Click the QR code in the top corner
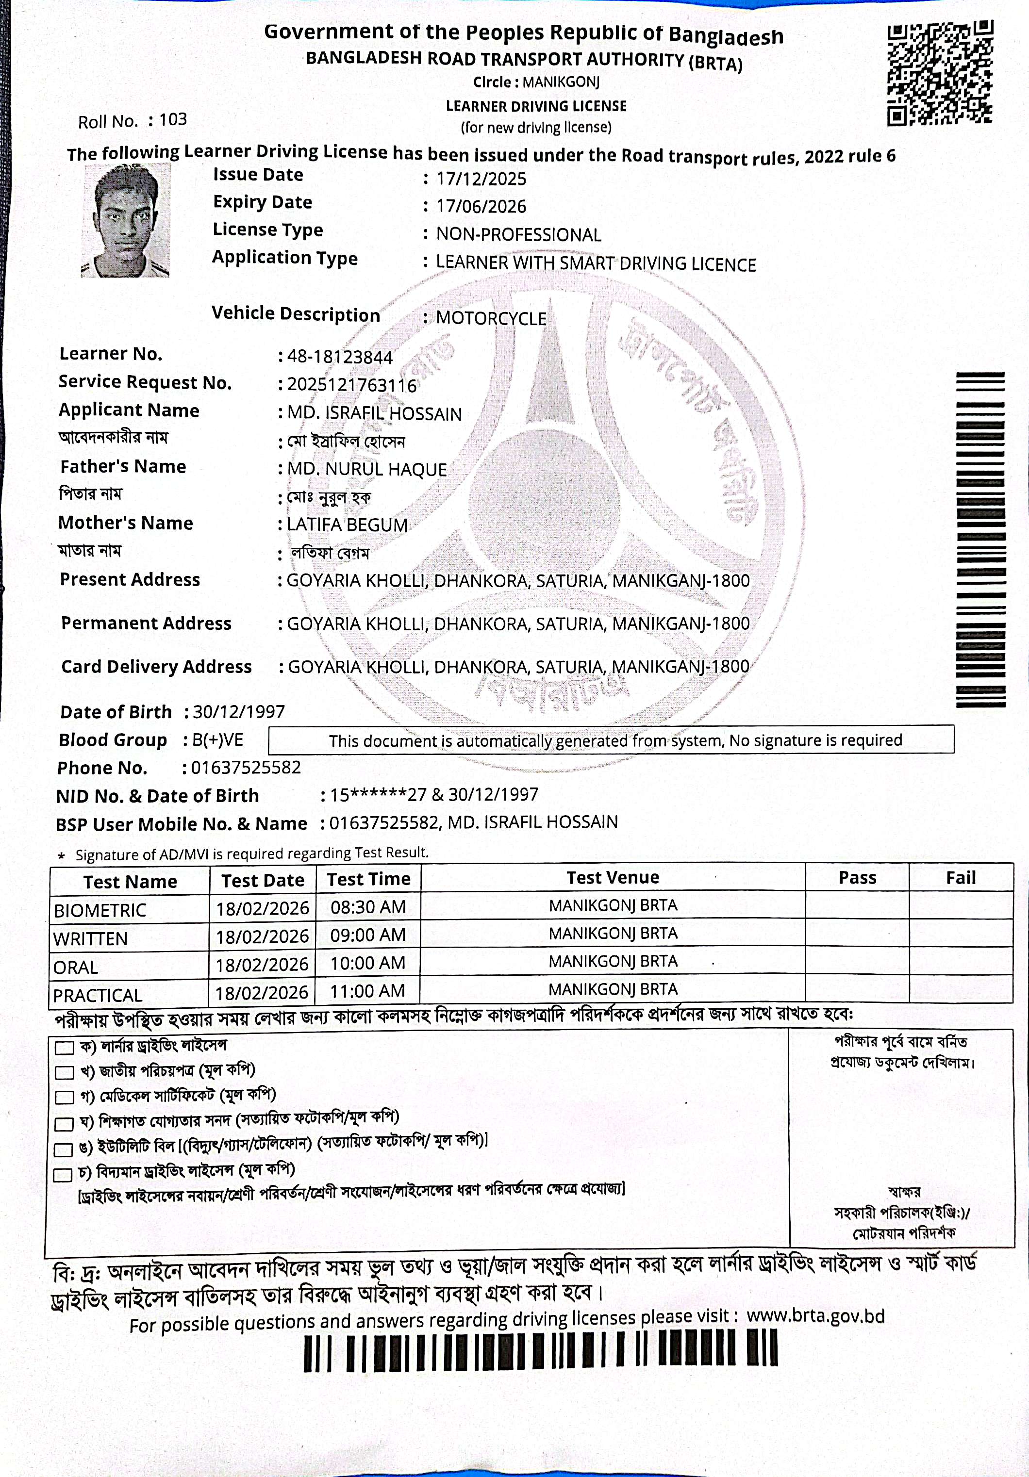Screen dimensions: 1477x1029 point(940,73)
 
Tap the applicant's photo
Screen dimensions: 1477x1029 point(126,220)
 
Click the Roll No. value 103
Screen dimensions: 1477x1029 point(173,120)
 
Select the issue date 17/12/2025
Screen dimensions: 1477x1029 point(481,179)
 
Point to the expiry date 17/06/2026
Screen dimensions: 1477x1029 point(481,207)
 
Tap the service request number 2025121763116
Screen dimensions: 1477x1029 point(352,385)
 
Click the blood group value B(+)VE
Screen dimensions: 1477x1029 point(217,740)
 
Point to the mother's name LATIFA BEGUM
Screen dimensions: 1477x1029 point(348,525)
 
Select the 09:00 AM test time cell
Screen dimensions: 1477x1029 point(368,935)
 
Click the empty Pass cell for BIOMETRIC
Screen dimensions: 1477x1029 point(857,906)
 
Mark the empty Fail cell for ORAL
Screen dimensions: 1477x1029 point(961,962)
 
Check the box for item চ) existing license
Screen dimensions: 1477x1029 point(63,1175)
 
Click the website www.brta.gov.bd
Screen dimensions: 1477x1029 point(815,1316)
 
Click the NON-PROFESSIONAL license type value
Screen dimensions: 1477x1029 point(519,235)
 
